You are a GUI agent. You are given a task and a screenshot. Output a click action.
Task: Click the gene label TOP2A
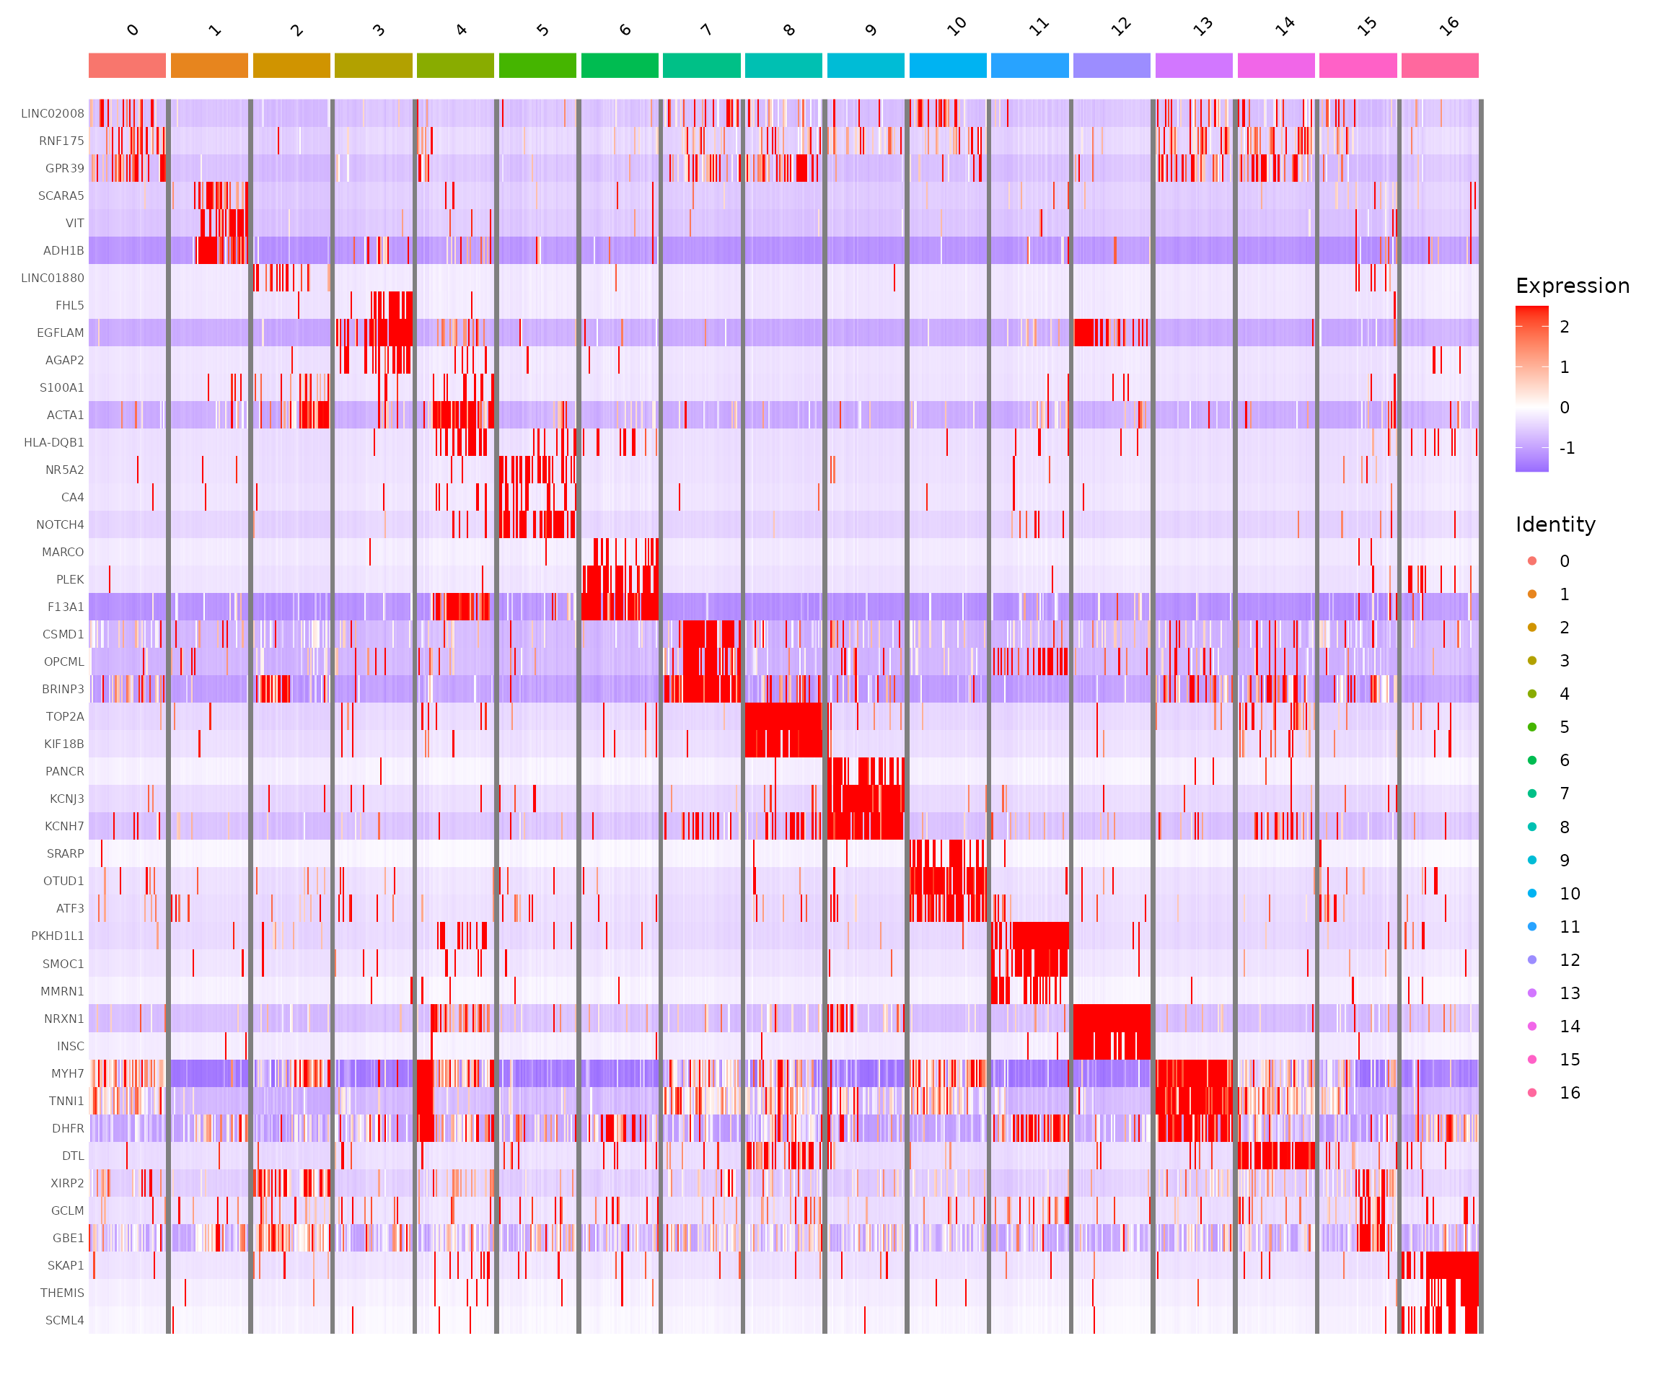coord(64,716)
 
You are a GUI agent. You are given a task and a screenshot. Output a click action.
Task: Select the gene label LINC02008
coord(52,113)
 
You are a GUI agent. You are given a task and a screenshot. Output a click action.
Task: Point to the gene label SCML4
coord(64,1320)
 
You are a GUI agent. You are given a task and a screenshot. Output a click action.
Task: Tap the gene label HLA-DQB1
coord(54,442)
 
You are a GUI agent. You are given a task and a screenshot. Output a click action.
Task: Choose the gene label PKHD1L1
coord(57,936)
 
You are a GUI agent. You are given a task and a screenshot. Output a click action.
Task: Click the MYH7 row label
coord(67,1073)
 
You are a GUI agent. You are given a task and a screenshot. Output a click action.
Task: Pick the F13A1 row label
coord(65,607)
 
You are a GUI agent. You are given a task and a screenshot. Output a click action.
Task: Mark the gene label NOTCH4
coord(60,524)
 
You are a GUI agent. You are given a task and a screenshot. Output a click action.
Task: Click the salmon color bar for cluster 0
coord(127,66)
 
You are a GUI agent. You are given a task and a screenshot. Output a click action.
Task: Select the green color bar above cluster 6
coord(620,66)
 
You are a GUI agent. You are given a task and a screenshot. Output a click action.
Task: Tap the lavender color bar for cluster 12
coord(1111,66)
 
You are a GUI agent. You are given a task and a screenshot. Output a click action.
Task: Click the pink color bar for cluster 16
coord(1440,66)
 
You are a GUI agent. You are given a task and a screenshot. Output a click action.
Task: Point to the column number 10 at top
coord(957,27)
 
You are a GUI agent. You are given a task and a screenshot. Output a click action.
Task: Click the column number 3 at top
coord(378,30)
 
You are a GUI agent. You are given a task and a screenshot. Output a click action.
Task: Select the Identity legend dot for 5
coord(1532,727)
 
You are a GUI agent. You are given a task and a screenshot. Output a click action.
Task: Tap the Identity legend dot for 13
coord(1532,993)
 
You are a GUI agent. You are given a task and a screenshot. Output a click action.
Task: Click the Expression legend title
coord(1572,286)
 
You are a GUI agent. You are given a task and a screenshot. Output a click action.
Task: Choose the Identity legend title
coord(1555,524)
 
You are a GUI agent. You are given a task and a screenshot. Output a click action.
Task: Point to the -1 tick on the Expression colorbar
coord(1566,448)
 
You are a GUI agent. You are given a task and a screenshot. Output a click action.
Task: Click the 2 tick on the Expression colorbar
coord(1564,327)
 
